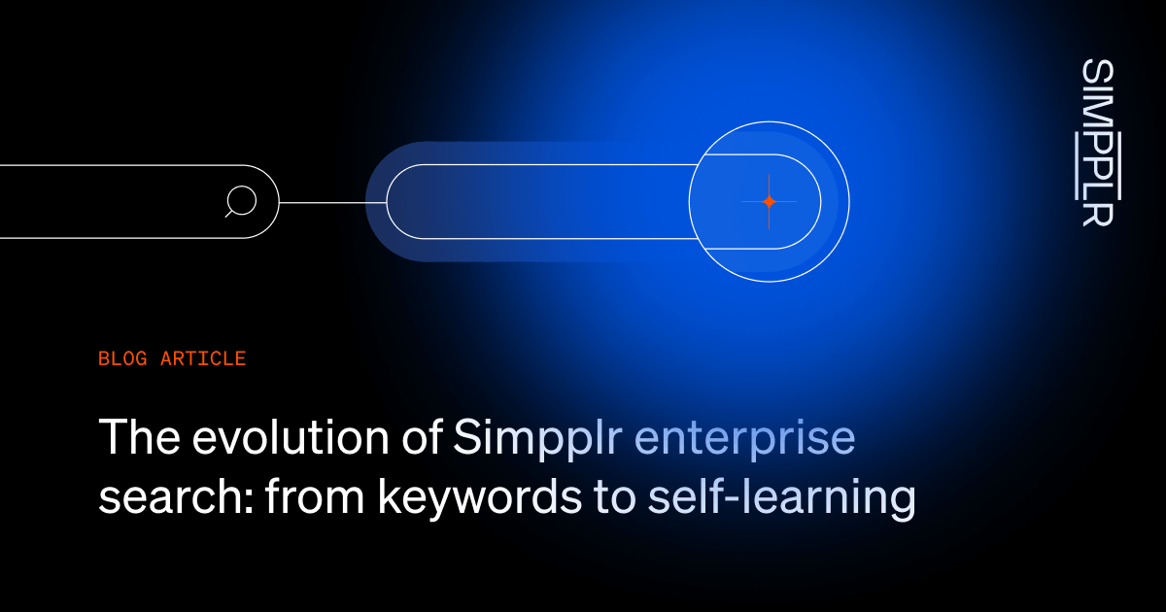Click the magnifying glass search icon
(240, 201)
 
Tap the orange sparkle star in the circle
(769, 202)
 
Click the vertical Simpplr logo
(1097, 142)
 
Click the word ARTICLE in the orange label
(203, 358)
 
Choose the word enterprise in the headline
(745, 440)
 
